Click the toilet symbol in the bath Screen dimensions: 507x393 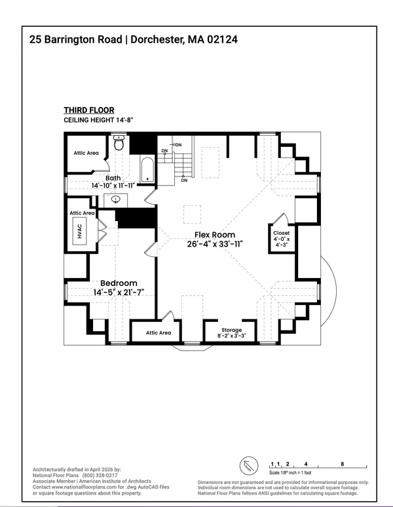pos(119,143)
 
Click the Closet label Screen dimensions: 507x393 pos(282,233)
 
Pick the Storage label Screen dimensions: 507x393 pos(231,330)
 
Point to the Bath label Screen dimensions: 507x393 pos(113,178)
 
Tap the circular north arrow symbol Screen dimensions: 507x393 pos(250,465)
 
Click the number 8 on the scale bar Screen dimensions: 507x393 pos(342,462)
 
